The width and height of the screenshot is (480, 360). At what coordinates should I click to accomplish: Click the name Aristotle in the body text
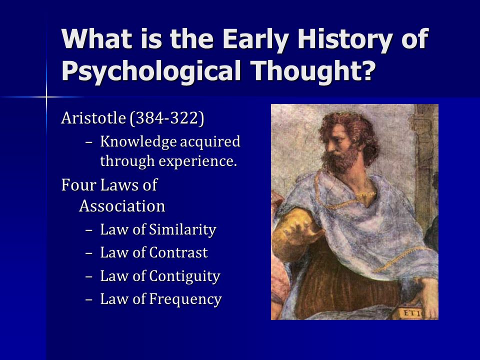[93, 118]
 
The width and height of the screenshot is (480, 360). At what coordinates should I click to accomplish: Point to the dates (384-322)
[167, 118]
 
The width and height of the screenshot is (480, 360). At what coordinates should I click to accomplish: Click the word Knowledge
[138, 141]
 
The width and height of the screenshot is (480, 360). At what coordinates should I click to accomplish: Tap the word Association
[122, 206]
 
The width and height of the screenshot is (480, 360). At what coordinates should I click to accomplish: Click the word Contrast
[178, 253]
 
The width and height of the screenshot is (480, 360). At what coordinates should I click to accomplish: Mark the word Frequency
[185, 299]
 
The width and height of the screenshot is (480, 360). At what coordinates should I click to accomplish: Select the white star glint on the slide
[46, 97]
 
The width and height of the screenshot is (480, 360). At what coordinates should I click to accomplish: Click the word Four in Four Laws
[78, 185]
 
